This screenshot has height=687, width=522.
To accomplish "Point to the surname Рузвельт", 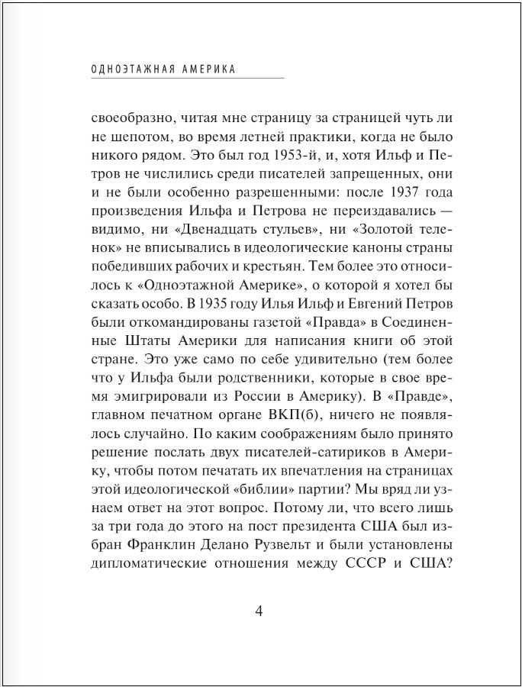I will [x=308, y=547].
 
